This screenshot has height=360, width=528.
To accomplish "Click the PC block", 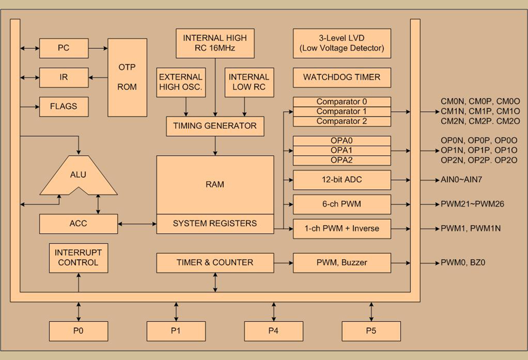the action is (x=64, y=48).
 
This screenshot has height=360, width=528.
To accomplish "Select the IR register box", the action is (x=64, y=77).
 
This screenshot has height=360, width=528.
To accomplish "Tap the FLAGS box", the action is (x=64, y=107).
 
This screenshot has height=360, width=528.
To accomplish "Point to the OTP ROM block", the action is (x=127, y=77).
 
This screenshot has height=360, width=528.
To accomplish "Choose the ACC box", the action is (x=78, y=224).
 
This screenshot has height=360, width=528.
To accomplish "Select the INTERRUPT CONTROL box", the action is (x=78, y=258).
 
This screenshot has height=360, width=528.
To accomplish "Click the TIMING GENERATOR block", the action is (x=215, y=126).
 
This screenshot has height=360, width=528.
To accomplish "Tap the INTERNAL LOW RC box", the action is (x=249, y=82).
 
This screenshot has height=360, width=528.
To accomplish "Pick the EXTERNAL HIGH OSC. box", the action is (x=181, y=82).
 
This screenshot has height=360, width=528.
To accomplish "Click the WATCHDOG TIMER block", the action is (x=342, y=77).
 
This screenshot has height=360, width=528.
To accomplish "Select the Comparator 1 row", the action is (x=342, y=112).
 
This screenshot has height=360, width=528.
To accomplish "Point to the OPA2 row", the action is (x=342, y=160).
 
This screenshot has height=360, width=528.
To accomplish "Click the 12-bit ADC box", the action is (x=342, y=180).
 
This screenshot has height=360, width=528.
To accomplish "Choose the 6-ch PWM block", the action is (x=342, y=204).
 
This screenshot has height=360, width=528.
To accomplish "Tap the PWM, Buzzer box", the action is (x=342, y=263).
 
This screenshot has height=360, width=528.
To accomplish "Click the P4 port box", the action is (x=273, y=331).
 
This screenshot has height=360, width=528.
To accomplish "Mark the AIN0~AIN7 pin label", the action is (x=461, y=180).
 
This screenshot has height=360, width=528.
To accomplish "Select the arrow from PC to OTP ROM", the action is (x=98, y=48).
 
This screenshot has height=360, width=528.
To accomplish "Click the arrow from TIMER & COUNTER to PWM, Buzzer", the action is (x=283, y=263).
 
